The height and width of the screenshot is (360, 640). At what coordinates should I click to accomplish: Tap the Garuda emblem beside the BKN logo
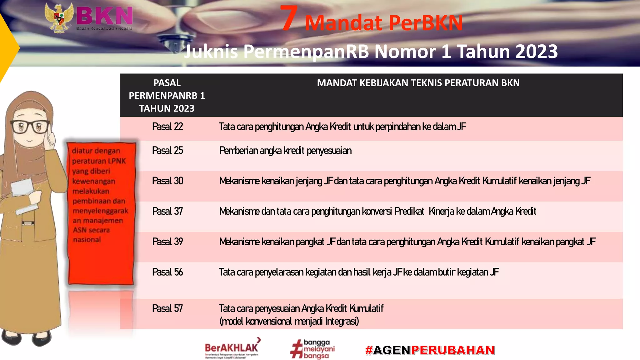coord(59,18)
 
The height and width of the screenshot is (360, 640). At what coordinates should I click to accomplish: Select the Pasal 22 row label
coord(167,127)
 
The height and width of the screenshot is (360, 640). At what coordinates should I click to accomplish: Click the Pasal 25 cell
coord(167,151)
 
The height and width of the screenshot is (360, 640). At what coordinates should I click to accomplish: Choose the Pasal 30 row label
coord(167,181)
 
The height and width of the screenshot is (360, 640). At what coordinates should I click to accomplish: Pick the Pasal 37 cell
coord(167,212)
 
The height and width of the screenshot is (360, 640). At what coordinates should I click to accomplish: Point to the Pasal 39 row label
coord(167,242)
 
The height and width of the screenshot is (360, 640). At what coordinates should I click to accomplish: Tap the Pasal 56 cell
coord(167,272)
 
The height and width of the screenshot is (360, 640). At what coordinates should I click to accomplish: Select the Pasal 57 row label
coord(167,309)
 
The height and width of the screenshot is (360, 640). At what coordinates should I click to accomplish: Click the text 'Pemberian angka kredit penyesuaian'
coord(285,151)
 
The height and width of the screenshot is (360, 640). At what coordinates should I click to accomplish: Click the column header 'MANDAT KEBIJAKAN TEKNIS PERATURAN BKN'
coord(418,83)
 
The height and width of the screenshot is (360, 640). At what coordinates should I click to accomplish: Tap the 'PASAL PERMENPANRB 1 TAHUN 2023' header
coord(167,95)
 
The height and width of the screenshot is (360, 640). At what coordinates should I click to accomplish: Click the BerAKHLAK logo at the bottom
coord(232,348)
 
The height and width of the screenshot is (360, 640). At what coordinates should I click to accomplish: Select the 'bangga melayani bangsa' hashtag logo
coord(312,349)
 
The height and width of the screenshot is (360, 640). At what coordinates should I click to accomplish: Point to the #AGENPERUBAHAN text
coord(430,350)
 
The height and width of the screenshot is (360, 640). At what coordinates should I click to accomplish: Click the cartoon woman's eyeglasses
coord(30,127)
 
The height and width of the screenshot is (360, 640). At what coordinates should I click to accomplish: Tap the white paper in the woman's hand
coord(22,187)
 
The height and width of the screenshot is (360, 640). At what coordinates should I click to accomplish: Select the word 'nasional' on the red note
coord(87,240)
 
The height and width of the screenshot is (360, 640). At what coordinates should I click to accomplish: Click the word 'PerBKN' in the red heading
coord(426,23)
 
